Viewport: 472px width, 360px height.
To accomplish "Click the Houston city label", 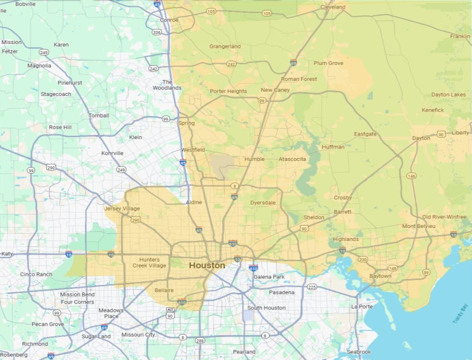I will [x=207, y=265].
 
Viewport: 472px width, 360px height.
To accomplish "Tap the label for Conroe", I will [x=169, y=20].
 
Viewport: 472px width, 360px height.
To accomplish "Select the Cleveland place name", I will [x=333, y=7].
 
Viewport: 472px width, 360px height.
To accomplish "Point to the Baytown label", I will [x=380, y=276].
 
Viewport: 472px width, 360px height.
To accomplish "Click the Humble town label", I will [x=254, y=159].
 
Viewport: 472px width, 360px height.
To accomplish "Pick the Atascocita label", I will [x=292, y=159].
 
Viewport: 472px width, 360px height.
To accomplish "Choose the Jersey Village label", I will [x=122, y=208].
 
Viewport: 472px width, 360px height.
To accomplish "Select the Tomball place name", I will [x=99, y=115].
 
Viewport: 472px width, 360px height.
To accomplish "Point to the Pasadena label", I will [x=282, y=292].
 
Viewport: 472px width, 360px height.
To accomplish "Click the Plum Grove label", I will [x=328, y=63].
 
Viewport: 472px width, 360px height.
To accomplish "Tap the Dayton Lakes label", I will [x=449, y=94].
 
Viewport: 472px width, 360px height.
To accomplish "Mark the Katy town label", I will [x=7, y=254].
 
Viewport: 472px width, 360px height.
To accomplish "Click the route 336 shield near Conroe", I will [x=157, y=32].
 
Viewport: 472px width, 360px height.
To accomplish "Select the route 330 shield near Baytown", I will [x=363, y=259].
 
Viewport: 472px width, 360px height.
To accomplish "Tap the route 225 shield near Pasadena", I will [x=312, y=287].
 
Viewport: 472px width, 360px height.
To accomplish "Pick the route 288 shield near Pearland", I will [x=200, y=341].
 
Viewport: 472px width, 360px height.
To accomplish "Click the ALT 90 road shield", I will [x=170, y=313].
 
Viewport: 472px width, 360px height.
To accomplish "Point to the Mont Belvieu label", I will [x=419, y=226].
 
